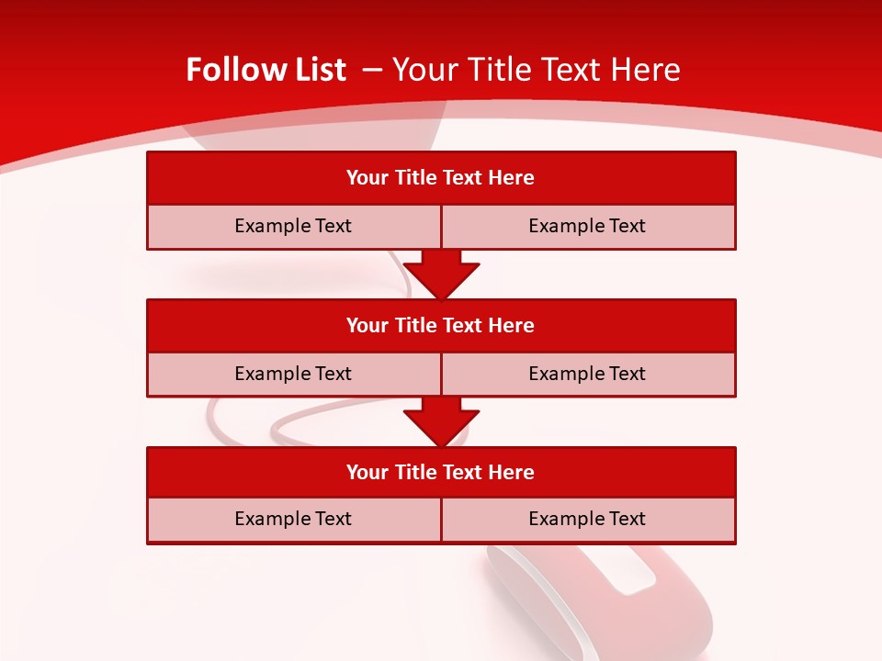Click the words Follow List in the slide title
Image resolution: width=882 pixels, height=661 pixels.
pos(266,70)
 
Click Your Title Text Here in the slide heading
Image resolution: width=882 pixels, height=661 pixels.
pos(536,70)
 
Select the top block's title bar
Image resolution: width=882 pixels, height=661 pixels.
pos(441,178)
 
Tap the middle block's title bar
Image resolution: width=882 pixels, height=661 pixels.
pos(441,326)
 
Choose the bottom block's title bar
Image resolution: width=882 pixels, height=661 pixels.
pos(441,473)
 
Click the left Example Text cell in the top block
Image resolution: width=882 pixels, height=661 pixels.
pos(293,227)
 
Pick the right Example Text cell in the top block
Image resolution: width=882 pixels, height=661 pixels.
pos(588,227)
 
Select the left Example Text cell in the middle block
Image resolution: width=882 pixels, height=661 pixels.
pos(293,375)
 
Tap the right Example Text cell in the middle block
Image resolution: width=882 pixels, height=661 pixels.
pos(588,375)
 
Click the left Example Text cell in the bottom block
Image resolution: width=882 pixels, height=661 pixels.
pos(293,520)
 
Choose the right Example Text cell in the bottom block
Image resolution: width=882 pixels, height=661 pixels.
pos(588,520)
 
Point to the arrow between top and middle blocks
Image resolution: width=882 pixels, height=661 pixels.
pos(441,274)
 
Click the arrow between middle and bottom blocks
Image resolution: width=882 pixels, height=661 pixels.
pos(441,421)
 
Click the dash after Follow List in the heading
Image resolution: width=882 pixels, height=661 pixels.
pos(372,70)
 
